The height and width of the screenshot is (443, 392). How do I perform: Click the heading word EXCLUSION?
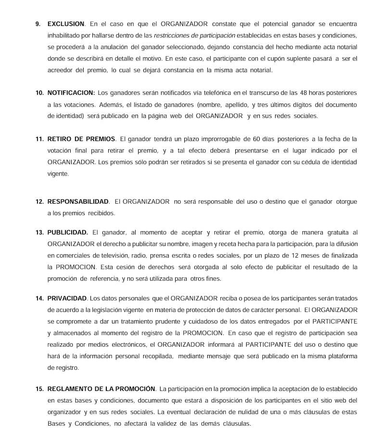(66, 24)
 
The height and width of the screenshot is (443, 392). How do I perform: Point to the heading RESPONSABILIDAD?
(78, 202)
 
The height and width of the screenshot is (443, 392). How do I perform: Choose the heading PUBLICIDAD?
(68, 232)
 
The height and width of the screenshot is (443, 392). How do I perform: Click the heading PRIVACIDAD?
(67, 299)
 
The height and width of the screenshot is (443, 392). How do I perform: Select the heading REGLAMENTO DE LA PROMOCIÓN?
(101, 389)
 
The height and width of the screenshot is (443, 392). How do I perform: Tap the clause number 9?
(38, 24)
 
